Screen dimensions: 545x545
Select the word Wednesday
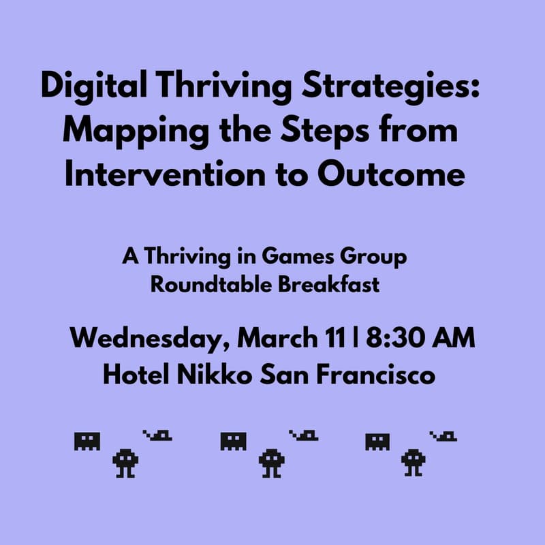click(145, 339)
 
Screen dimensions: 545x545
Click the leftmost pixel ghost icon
click(87, 441)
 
